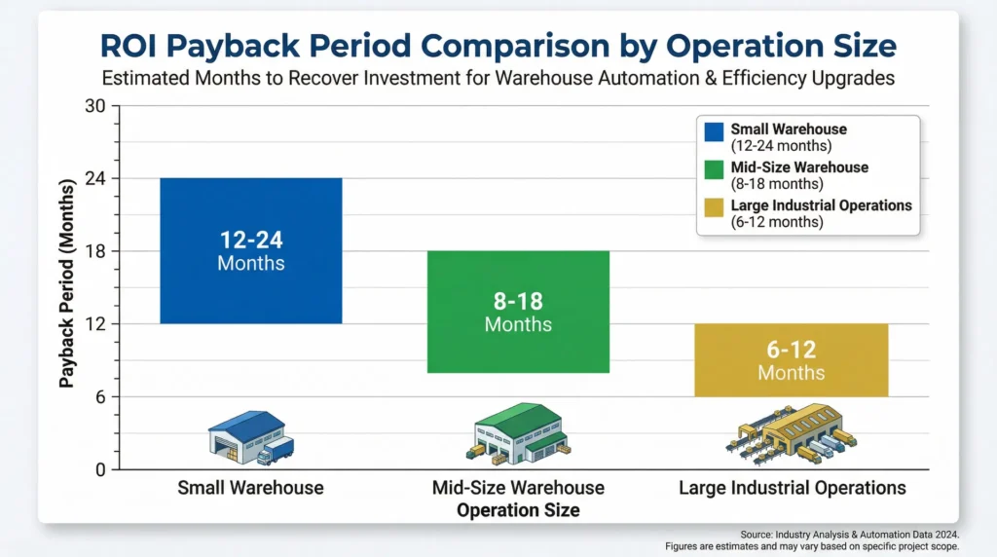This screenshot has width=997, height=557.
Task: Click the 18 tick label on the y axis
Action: pos(94,251)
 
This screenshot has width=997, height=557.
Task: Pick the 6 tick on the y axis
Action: pos(100,396)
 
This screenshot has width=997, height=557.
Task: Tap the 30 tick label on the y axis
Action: pos(94,106)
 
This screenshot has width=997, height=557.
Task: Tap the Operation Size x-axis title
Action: pos(518,510)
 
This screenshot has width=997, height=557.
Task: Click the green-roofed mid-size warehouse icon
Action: pos(518,434)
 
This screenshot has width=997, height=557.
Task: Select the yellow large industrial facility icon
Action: pos(791,434)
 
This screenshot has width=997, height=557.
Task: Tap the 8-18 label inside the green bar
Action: pos(518,300)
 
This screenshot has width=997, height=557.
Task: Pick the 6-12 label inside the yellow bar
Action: pos(791,350)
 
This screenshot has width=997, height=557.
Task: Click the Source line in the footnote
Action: pos(849,534)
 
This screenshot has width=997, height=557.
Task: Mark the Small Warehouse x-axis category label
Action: pos(250,488)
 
